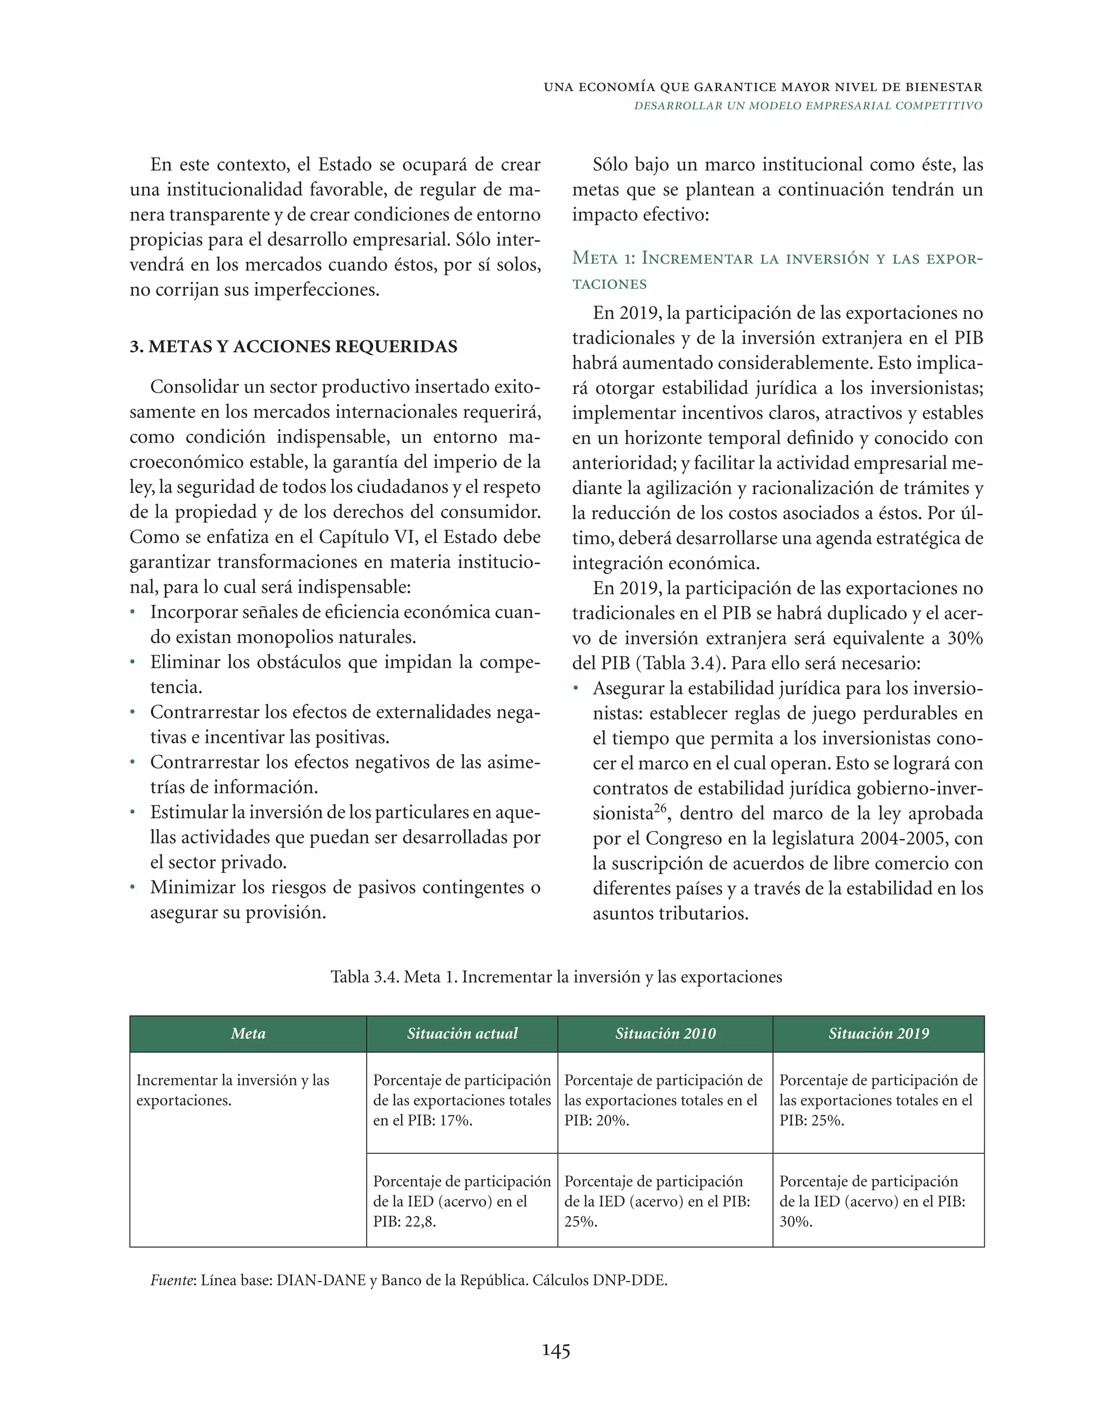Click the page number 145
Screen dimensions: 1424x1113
tap(556, 1350)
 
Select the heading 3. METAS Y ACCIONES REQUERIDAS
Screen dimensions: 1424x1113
tap(293, 346)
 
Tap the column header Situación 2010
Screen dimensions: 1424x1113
tap(665, 1033)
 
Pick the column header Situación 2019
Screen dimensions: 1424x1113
tap(878, 1033)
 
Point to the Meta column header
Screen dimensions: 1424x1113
tap(248, 1033)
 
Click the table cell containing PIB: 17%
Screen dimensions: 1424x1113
tap(461, 1101)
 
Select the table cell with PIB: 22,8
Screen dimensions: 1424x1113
tap(461, 1201)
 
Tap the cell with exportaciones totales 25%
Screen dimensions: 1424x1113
tap(878, 1101)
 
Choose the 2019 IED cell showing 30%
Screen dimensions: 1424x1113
tap(878, 1201)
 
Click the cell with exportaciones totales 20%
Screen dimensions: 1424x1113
tap(665, 1101)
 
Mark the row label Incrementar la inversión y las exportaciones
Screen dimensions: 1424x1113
tap(233, 1090)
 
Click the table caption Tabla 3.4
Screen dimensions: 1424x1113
tap(555, 977)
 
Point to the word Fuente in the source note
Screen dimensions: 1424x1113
tap(172, 1280)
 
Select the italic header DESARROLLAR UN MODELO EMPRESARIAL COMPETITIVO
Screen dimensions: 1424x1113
tap(808, 105)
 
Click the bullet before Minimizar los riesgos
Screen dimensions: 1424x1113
tap(133, 888)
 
